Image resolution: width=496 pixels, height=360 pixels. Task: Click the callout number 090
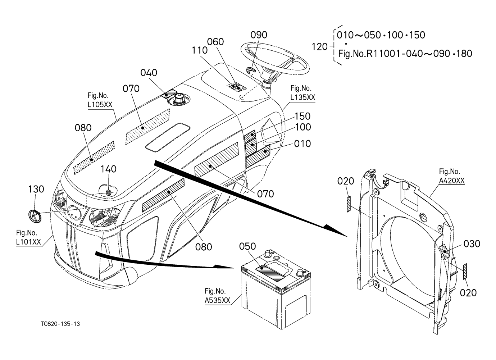point(259,35)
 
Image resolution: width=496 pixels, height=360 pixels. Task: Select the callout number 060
point(215,42)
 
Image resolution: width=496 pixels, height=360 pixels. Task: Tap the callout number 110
point(200,50)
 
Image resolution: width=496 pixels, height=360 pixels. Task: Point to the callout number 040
point(149,73)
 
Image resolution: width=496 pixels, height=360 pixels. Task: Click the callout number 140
point(109,169)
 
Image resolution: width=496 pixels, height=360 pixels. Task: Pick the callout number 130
point(36,189)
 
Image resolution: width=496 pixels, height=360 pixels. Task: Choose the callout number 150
point(302,116)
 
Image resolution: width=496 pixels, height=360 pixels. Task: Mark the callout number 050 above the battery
point(247,246)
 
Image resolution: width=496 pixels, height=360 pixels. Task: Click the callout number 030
point(472,244)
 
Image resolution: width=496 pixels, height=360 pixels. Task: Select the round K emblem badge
point(35,216)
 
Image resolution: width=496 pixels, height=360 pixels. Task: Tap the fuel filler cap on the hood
point(178,99)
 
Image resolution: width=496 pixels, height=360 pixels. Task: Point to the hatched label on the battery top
point(270,273)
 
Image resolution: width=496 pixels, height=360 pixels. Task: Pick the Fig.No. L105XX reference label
point(100,100)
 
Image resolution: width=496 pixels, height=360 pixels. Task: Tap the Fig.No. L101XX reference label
point(28,237)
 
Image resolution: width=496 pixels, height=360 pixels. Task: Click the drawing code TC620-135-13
point(60,324)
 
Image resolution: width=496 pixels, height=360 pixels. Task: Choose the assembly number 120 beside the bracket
point(319,47)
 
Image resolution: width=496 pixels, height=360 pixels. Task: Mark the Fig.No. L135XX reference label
point(303,93)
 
